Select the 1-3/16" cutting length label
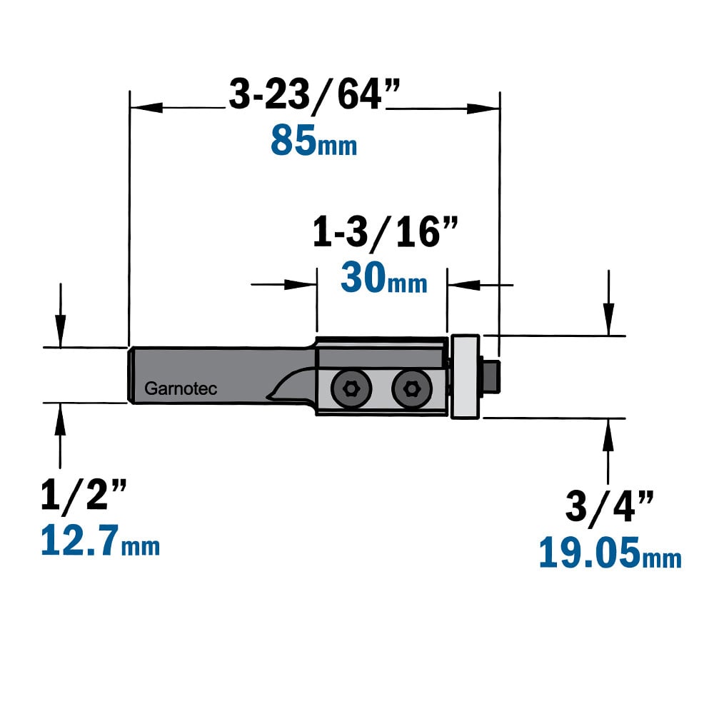pos(386,232)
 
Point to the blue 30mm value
pos(384,278)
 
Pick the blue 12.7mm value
pos(100,540)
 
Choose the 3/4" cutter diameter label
pos(609,506)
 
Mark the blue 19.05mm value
pos(610,553)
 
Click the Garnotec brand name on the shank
pos(181,388)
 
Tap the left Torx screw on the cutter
pos(351,389)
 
